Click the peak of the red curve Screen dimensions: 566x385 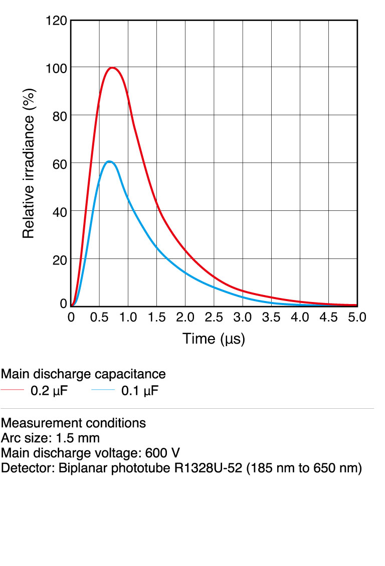click(x=113, y=68)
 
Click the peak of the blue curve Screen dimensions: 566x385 click(x=109, y=161)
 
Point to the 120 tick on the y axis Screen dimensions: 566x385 click(x=56, y=21)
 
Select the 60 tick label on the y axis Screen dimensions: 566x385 click(x=60, y=163)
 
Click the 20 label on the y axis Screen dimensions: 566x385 click(x=60, y=259)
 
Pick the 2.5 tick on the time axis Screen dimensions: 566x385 click(x=214, y=317)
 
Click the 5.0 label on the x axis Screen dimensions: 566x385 click(x=357, y=317)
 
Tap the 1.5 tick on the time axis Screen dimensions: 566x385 click(x=156, y=317)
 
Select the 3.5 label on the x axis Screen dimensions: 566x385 click(x=271, y=317)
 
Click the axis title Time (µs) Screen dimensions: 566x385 click(x=214, y=339)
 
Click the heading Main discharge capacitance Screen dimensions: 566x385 click(x=83, y=374)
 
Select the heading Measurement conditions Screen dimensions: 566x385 click(x=73, y=423)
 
